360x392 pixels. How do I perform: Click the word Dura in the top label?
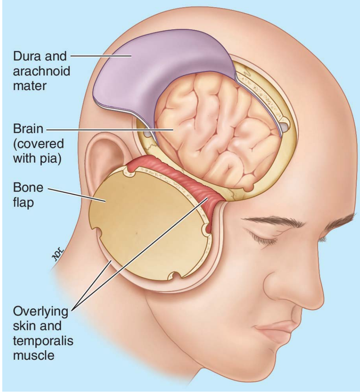pyautogui.click(x=26, y=57)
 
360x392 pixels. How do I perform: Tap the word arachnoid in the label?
pyautogui.click(x=41, y=71)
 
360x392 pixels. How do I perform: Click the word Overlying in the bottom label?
pyautogui.click(x=41, y=312)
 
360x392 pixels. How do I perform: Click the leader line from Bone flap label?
pyautogui.click(x=75, y=194)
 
